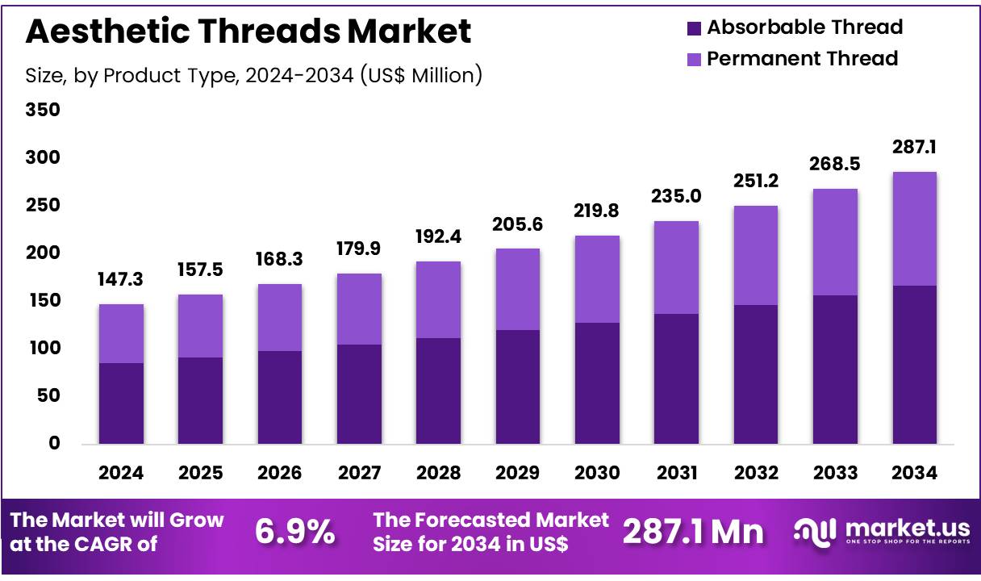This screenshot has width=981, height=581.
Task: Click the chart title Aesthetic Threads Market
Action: [248, 31]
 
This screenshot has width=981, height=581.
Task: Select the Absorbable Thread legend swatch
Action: [694, 28]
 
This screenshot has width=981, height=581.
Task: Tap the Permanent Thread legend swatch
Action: [694, 59]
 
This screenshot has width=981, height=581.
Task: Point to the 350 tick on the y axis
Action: [44, 110]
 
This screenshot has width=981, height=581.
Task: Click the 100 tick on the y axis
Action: [44, 349]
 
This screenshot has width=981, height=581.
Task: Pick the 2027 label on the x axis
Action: [359, 474]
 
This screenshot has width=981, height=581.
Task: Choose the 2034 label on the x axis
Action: [915, 474]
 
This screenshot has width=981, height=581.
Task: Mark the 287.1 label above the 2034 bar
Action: [915, 148]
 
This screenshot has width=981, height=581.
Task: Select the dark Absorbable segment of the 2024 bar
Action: [121, 403]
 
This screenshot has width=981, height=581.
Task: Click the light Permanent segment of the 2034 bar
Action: [915, 228]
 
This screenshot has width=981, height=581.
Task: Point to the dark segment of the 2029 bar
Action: [518, 387]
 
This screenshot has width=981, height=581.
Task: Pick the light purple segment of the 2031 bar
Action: [677, 267]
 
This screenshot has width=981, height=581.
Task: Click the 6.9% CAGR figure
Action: [294, 531]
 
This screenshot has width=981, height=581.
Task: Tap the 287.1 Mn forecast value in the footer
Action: [693, 531]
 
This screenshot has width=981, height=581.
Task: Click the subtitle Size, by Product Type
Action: [254, 75]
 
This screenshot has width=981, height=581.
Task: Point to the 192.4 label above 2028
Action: [439, 237]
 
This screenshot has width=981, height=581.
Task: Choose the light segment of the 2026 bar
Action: [280, 317]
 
